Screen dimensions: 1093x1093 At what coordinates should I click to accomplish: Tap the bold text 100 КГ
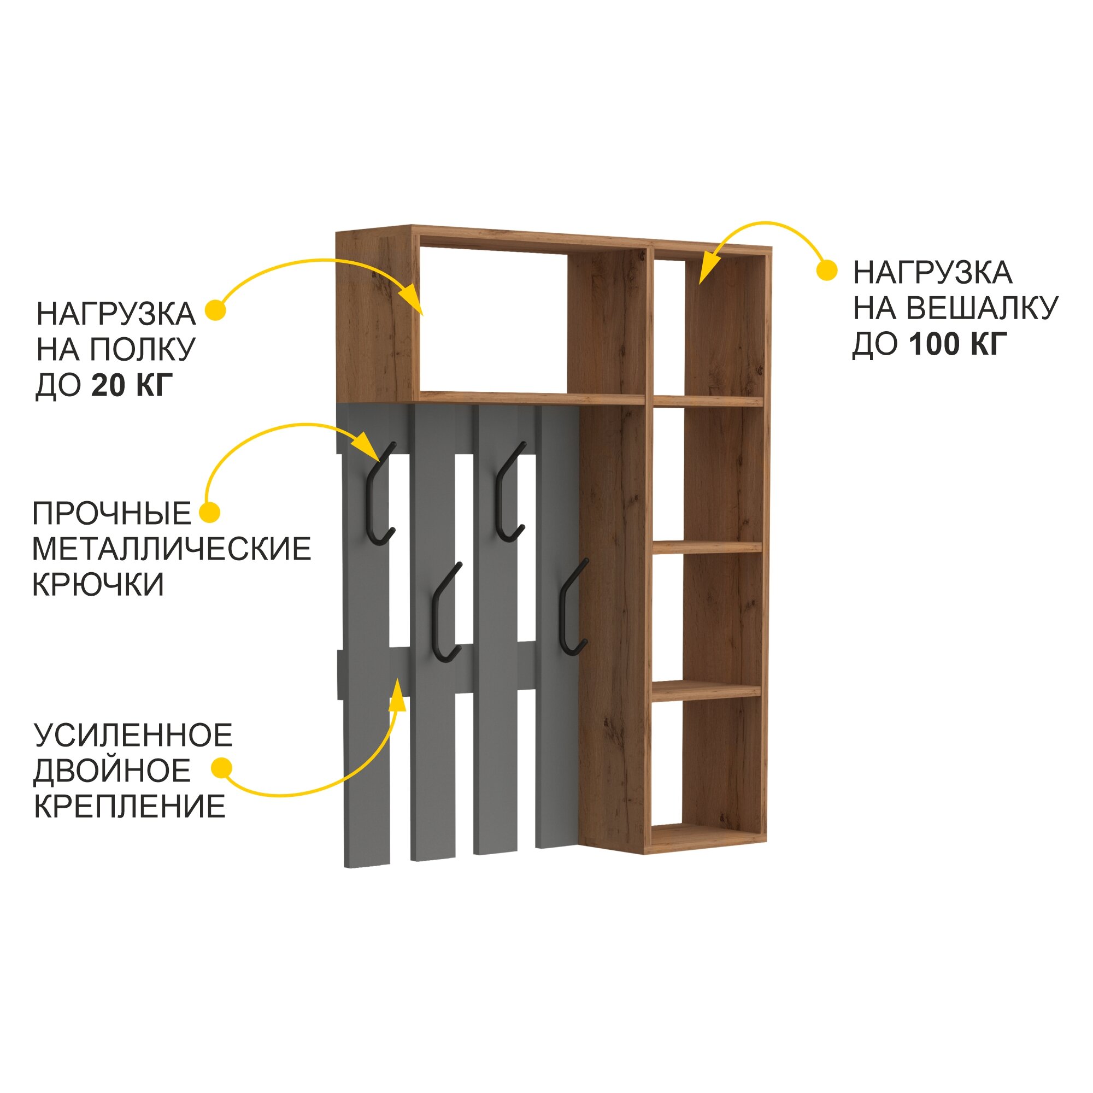click(959, 343)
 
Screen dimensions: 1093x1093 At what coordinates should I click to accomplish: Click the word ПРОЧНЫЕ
click(112, 514)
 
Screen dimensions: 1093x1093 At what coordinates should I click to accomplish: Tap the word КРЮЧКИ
click(98, 584)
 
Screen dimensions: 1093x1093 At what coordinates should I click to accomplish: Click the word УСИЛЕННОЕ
click(133, 735)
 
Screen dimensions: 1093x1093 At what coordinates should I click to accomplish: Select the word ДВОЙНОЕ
click(113, 771)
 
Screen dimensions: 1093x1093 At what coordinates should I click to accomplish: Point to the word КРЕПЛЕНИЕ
click(130, 806)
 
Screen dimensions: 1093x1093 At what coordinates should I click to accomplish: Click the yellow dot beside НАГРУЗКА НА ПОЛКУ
click(215, 310)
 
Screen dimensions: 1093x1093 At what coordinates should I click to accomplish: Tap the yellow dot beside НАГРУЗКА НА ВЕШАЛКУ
click(827, 271)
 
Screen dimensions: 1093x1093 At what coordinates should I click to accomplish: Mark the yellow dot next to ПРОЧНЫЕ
click(210, 513)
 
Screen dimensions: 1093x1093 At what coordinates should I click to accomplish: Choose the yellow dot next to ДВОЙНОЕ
click(221, 769)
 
